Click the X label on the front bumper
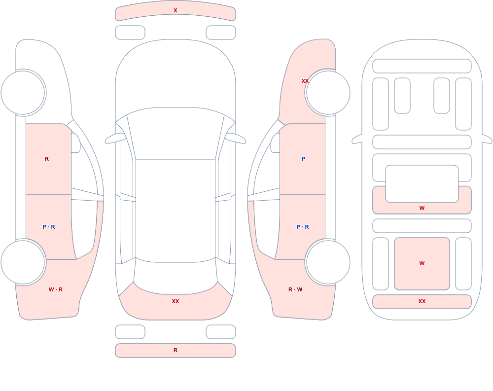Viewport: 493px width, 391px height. click(176, 10)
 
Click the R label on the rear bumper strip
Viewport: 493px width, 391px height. click(176, 350)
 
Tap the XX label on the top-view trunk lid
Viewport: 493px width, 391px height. click(176, 301)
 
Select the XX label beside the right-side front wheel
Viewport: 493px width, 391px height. click(305, 81)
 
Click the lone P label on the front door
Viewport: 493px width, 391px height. click(303, 159)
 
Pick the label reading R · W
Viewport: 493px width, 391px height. click(295, 289)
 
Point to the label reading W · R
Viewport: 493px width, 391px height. click(56, 289)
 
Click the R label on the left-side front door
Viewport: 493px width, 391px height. click(47, 159)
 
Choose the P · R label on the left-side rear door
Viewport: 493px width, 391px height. click(49, 227)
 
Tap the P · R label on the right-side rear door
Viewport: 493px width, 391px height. click(303, 227)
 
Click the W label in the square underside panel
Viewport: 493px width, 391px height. click(422, 263)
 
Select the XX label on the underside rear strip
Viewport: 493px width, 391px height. click(422, 301)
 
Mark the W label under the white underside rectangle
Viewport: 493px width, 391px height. click(422, 208)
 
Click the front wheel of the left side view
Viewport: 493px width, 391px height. click(23, 93)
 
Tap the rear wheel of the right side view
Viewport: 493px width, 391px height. click(328, 262)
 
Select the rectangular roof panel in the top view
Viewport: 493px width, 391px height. click(176, 211)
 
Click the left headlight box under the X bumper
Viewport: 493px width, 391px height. click(130, 33)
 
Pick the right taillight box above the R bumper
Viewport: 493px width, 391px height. click(221, 332)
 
